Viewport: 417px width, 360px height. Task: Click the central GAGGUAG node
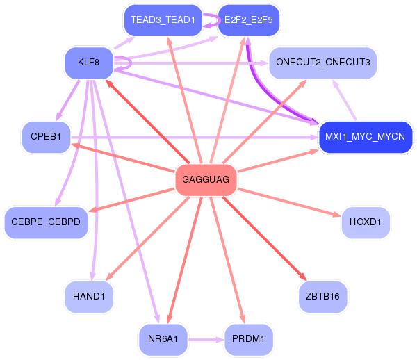click(x=206, y=180)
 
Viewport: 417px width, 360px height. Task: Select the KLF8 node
click(x=89, y=63)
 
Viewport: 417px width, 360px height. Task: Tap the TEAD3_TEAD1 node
click(x=163, y=20)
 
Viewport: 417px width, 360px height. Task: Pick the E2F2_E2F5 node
click(x=249, y=20)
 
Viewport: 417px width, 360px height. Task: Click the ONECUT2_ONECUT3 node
click(x=323, y=63)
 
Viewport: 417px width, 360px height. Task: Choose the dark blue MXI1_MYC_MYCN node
click(x=365, y=137)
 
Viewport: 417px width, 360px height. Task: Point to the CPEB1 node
click(x=46, y=137)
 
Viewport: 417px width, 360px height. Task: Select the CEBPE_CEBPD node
click(x=46, y=222)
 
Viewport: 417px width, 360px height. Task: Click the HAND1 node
click(x=89, y=297)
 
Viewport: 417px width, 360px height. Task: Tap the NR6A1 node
click(x=163, y=339)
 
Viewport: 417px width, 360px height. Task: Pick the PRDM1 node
click(x=249, y=339)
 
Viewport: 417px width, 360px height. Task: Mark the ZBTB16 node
click(x=323, y=297)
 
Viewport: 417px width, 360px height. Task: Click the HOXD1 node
click(x=365, y=222)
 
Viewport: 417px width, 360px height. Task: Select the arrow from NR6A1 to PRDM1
click(x=206, y=340)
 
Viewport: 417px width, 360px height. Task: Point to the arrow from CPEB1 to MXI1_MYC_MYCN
click(x=195, y=137)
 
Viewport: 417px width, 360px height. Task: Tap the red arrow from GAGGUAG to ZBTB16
click(x=265, y=238)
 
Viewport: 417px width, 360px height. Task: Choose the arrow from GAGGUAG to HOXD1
click(x=289, y=202)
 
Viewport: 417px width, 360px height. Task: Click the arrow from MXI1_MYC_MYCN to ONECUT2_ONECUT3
click(x=345, y=100)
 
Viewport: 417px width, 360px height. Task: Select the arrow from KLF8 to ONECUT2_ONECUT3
click(x=191, y=63)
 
